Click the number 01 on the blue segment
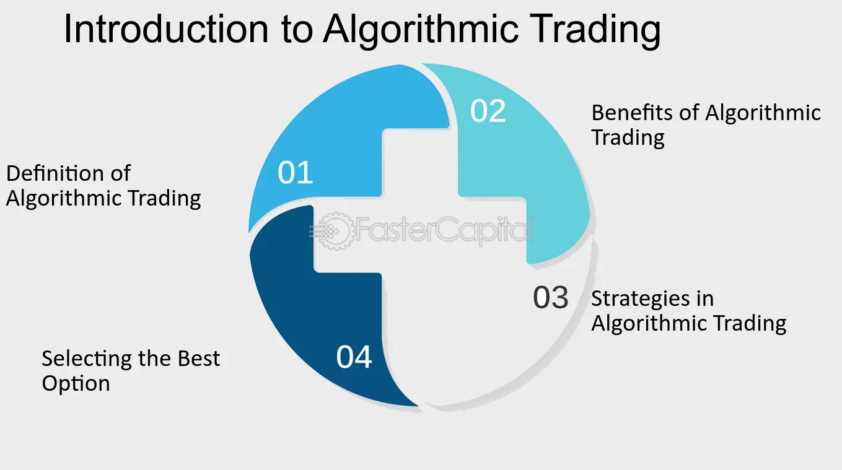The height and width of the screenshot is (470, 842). [295, 172]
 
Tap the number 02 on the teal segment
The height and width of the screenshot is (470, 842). [488, 111]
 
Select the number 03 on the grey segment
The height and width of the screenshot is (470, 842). [551, 298]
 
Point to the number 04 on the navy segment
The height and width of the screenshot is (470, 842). [354, 357]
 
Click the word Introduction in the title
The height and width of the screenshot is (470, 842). [166, 29]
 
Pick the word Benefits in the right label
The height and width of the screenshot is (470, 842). [633, 112]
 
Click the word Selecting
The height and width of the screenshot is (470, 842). [87, 359]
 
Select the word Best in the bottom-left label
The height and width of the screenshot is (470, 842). [199, 359]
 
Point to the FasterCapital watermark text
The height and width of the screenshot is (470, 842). [444, 230]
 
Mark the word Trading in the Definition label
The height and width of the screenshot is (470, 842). [164, 199]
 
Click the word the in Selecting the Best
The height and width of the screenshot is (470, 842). [154, 359]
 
